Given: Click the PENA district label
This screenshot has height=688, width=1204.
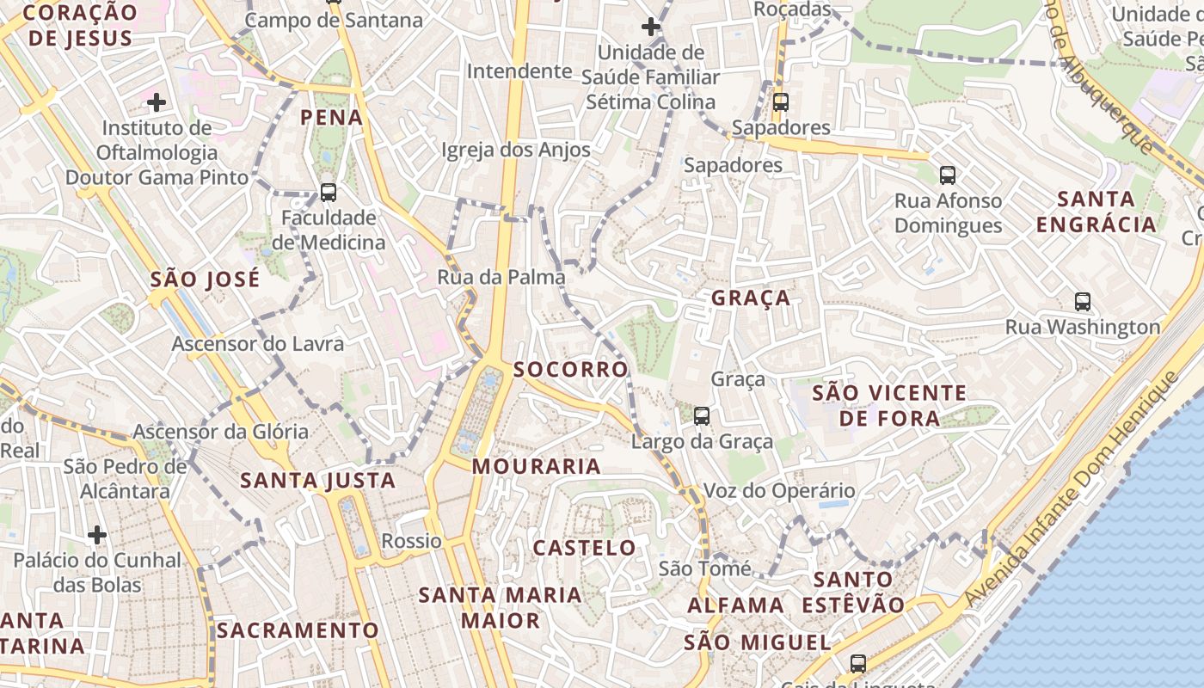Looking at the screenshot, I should (331, 117).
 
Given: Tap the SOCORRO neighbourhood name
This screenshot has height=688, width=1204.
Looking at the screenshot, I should (571, 369).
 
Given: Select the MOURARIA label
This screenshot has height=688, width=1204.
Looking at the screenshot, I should (537, 466).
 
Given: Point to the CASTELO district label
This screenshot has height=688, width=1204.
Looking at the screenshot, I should (585, 548).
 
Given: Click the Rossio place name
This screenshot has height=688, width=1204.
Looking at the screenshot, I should (411, 541).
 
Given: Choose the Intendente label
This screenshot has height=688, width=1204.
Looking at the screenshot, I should (519, 71).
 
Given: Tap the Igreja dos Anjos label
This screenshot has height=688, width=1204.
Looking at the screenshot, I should (516, 150).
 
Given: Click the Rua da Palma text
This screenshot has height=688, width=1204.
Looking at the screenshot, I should (501, 277).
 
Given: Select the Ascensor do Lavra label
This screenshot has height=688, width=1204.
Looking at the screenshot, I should (258, 344).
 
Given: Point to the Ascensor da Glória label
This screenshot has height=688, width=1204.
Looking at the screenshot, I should (221, 431).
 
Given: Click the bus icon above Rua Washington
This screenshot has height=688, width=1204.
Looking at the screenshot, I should (1083, 302).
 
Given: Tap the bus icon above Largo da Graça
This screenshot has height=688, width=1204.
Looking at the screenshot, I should (702, 416).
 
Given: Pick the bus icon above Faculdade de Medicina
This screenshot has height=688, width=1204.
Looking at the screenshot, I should (329, 192).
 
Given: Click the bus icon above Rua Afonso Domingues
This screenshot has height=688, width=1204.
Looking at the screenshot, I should (948, 175).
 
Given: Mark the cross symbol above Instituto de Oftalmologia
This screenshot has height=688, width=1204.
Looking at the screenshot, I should (157, 103).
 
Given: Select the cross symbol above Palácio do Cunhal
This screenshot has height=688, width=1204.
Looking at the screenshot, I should (97, 535).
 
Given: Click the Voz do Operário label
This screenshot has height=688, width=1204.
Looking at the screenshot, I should (779, 491).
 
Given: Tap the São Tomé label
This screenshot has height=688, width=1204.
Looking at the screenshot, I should (704, 568).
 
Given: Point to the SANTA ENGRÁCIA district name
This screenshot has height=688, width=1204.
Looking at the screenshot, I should (1096, 212).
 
